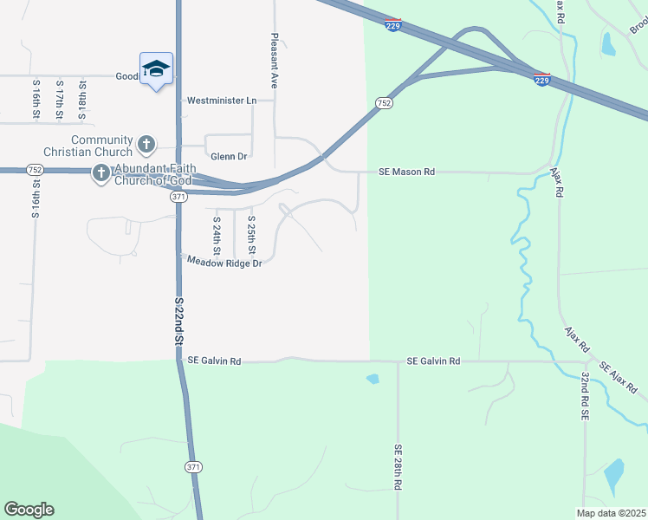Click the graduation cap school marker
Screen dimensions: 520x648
pyautogui.click(x=156, y=69)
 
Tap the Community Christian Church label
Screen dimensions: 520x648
pyautogui.click(x=101, y=146)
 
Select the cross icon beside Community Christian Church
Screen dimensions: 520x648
pyautogui.click(x=146, y=144)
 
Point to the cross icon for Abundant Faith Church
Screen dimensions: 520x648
pyautogui.click(x=100, y=174)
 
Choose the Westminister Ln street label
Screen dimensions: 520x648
pyautogui.click(x=223, y=101)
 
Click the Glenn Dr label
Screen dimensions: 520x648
pyautogui.click(x=229, y=157)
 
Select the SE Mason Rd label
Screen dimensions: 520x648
pyautogui.click(x=406, y=172)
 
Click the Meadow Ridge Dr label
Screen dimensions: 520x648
pyautogui.click(x=224, y=263)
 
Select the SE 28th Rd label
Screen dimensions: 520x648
pyautogui.click(x=398, y=468)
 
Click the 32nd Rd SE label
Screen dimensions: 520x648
pyautogui.click(x=585, y=398)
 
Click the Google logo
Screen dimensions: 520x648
pyautogui.click(x=29, y=510)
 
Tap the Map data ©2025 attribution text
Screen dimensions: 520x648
pyautogui.click(x=611, y=513)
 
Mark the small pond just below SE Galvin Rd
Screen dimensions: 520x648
pyautogui.click(x=373, y=379)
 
